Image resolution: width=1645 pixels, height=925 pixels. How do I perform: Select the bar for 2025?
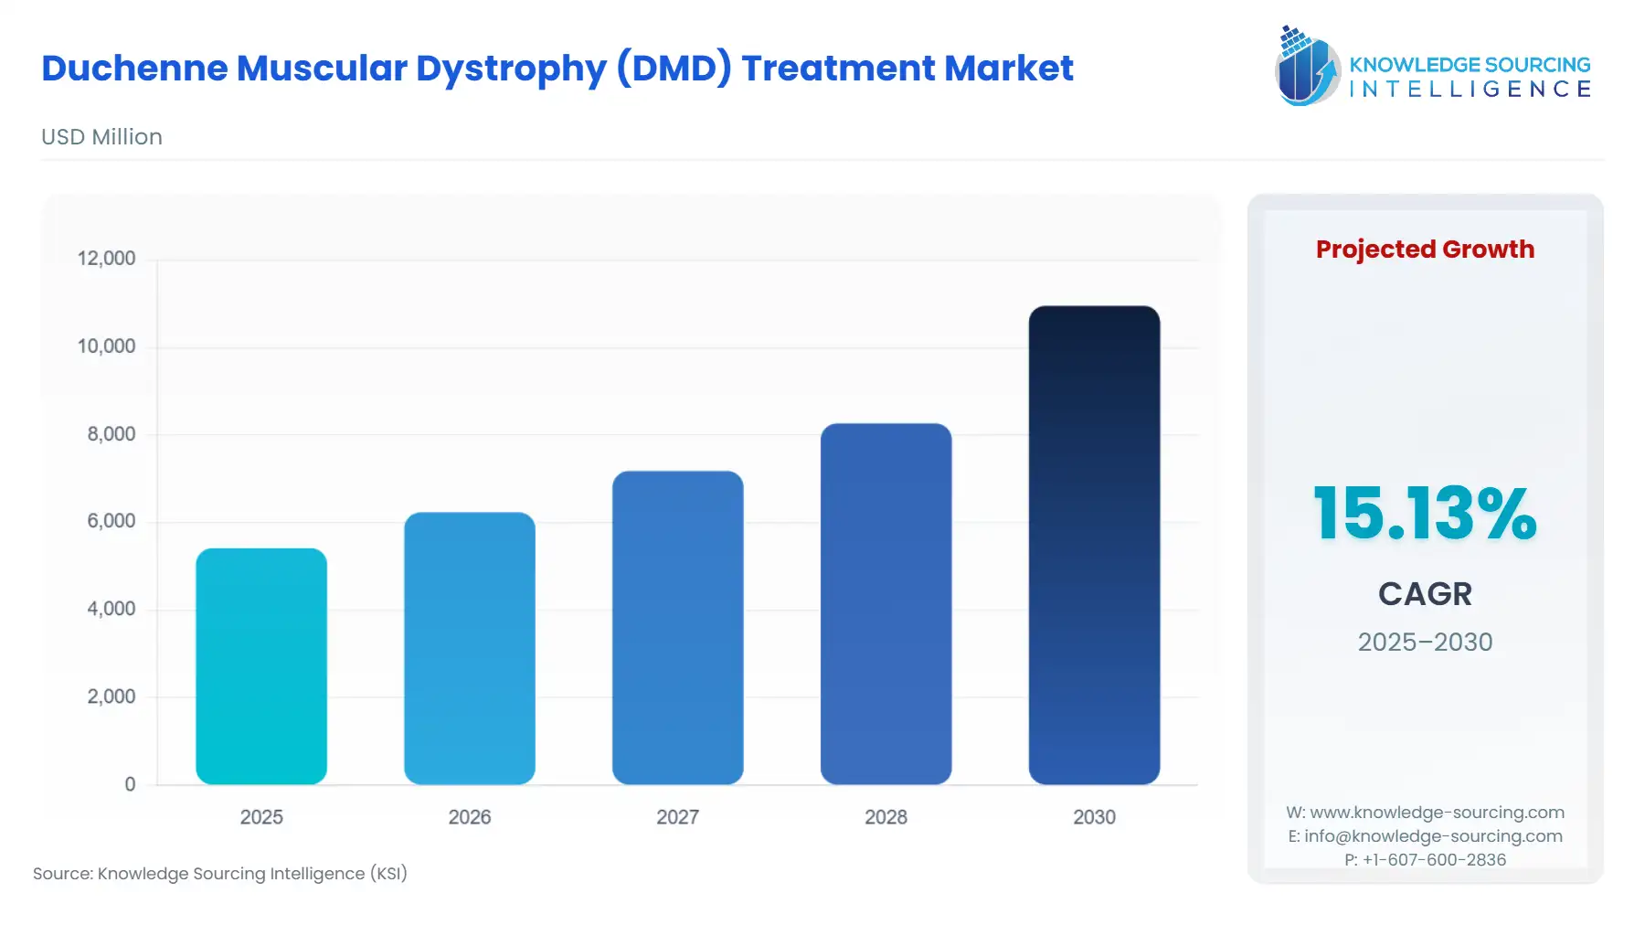coord(261,666)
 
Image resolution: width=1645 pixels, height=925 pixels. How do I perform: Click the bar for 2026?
coord(470,648)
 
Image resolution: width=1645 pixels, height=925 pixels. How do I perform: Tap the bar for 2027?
coord(678,628)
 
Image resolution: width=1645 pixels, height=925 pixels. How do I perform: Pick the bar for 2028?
coord(886,603)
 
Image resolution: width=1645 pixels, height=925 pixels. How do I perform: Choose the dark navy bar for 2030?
coord(1094,545)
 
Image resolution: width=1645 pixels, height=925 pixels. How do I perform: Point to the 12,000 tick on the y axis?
coord(106,259)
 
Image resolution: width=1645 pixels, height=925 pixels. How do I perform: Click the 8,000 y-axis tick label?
coord(111,434)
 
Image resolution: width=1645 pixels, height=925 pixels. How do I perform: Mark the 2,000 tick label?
coord(111,696)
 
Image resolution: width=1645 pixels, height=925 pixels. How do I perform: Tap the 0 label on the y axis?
coord(130,784)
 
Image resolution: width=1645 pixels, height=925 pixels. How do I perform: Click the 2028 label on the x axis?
coord(886,817)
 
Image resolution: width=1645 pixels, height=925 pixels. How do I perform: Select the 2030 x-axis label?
coord(1094,817)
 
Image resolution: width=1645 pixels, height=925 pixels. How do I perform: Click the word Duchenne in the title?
coord(134,69)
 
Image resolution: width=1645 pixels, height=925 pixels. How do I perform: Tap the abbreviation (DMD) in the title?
coord(674,69)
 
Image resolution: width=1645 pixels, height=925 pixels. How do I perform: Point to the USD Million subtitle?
coord(101,137)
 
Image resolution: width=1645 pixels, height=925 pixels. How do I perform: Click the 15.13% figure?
coord(1425,514)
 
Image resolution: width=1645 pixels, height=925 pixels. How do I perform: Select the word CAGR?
coord(1425,594)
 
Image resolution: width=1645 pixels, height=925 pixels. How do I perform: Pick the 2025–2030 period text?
coord(1425,643)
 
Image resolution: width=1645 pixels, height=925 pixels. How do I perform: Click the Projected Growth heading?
coord(1425,250)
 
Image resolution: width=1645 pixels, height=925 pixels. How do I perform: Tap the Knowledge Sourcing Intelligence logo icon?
coord(1306,66)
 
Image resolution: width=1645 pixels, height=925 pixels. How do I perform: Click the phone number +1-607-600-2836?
coord(1434,860)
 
